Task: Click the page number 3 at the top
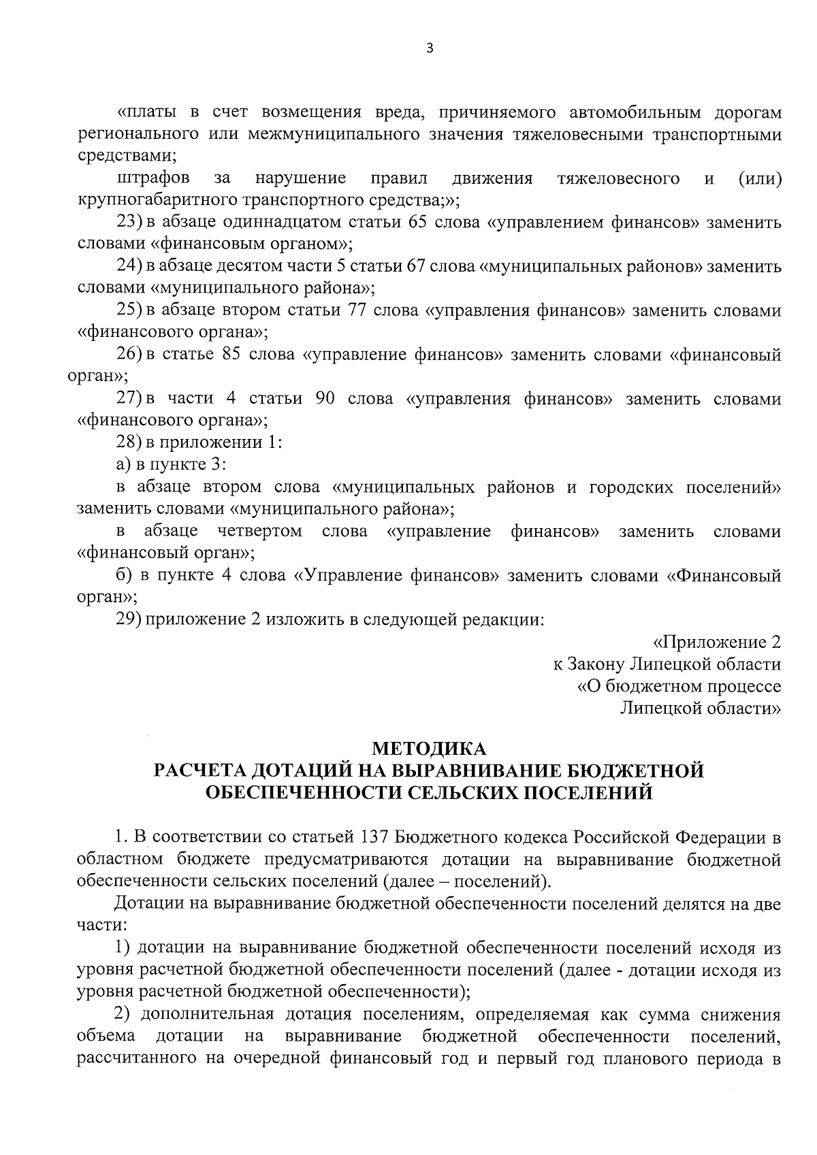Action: pyautogui.click(x=428, y=48)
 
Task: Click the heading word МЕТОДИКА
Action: pyautogui.click(x=428, y=749)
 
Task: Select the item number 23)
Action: pyautogui.click(x=129, y=223)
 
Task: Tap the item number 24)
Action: pyautogui.click(x=129, y=267)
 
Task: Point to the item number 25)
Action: pyautogui.click(x=129, y=311)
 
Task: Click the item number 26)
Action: pyautogui.click(x=129, y=355)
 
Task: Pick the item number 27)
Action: pyautogui.click(x=129, y=399)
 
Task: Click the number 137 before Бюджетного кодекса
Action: pyautogui.click(x=372, y=837)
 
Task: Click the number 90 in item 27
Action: pyautogui.click(x=325, y=399)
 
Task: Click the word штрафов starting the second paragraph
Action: pyautogui.click(x=153, y=179)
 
